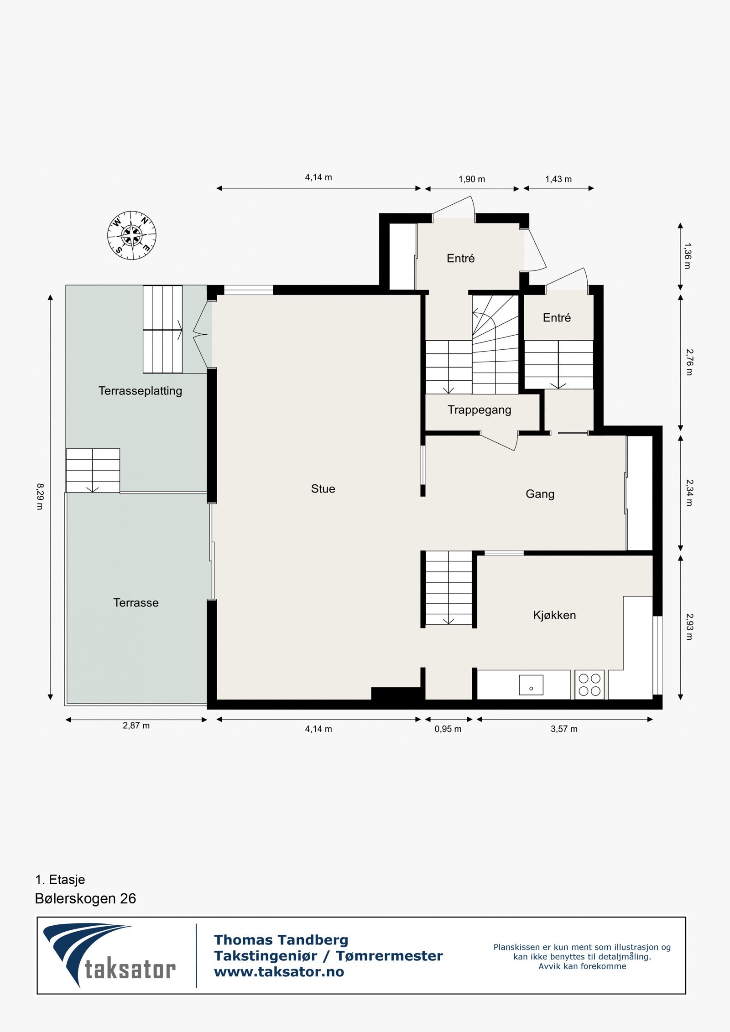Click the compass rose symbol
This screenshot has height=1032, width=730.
click(132, 235)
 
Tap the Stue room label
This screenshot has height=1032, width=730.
click(323, 489)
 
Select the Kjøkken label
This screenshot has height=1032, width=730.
click(554, 615)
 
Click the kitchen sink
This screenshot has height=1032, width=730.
click(531, 685)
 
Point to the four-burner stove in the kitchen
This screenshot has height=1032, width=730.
click(589, 685)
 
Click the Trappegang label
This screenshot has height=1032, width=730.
click(479, 410)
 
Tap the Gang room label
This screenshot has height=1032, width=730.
click(540, 494)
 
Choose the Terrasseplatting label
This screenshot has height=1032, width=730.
click(140, 391)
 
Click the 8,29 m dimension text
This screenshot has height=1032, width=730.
click(40, 496)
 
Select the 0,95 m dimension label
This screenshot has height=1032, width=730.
click(448, 729)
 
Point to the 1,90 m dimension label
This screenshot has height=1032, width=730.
click(472, 179)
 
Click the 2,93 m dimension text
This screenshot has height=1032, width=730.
click(688, 627)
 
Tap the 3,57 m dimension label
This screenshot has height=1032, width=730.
click(564, 729)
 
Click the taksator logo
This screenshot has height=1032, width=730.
click(109, 956)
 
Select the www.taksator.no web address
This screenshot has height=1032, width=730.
click(279, 972)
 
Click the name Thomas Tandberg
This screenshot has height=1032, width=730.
click(281, 940)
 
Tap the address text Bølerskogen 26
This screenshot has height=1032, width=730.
click(85, 898)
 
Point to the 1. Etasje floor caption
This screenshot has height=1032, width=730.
click(60, 879)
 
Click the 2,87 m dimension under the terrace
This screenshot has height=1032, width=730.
click(136, 726)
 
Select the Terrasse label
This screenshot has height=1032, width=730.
click(136, 603)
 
